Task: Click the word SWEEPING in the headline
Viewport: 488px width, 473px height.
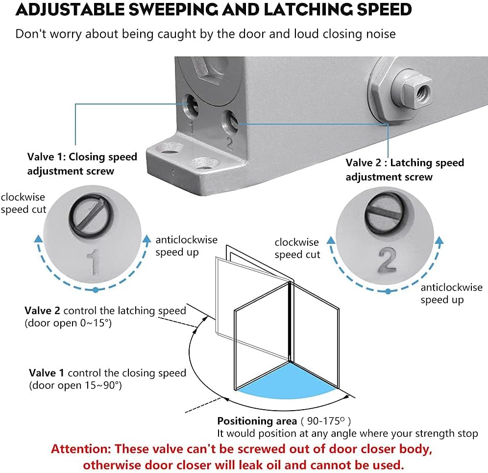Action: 173,9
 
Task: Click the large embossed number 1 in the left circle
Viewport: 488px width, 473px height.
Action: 94,262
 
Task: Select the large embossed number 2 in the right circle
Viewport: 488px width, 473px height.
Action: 387,260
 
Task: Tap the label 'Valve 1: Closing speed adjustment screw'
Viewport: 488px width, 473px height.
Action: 82,163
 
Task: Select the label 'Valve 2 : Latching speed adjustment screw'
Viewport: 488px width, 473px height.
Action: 405,169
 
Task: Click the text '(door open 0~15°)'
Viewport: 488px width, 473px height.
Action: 68,323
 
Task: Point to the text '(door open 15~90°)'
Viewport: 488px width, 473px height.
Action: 75,385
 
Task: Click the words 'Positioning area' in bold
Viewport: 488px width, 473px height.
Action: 257,421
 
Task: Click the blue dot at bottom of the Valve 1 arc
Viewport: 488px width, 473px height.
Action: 96,290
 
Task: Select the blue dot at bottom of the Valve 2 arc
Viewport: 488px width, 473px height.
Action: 388,291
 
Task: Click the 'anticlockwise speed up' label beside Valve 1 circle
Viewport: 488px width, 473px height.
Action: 186,246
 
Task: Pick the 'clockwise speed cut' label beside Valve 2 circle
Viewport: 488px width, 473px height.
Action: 297,248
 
